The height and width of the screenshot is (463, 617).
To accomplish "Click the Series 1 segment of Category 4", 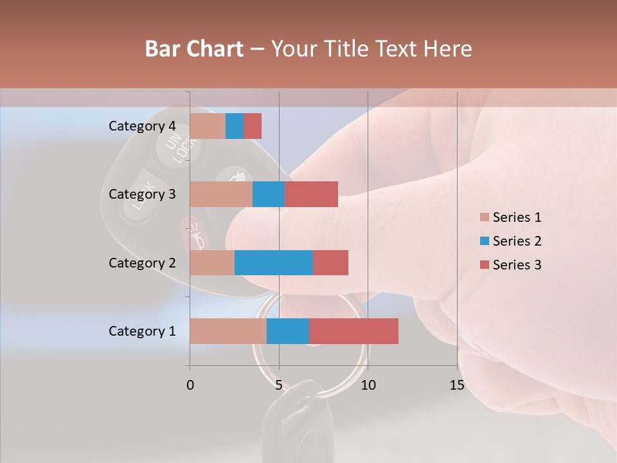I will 208,126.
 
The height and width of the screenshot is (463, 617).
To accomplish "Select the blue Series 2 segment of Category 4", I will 235,126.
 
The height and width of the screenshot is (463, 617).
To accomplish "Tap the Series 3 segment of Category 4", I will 253,126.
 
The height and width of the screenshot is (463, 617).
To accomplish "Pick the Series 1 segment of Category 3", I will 221,194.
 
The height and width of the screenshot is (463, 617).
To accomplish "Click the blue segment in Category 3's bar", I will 269,194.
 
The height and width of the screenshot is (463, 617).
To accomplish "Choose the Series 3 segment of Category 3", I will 311,194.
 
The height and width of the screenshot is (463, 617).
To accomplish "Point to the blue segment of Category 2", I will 274,262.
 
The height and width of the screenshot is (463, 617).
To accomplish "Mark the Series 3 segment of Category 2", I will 330,262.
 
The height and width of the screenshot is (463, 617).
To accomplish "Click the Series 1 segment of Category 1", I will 228,331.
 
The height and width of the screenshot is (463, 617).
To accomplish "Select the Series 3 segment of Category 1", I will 353,331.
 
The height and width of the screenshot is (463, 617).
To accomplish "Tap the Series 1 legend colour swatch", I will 484,217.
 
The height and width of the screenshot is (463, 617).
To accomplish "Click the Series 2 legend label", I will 517,241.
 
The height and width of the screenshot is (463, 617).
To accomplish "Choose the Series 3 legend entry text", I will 517,265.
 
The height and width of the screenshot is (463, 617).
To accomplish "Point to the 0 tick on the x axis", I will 190,385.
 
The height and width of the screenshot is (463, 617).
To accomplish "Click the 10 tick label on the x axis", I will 368,385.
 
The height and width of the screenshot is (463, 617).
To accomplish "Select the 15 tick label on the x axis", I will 457,385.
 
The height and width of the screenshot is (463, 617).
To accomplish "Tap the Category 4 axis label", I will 142,126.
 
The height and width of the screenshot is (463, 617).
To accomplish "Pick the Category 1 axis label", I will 142,331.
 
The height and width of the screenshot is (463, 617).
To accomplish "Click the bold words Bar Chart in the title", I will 194,49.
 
